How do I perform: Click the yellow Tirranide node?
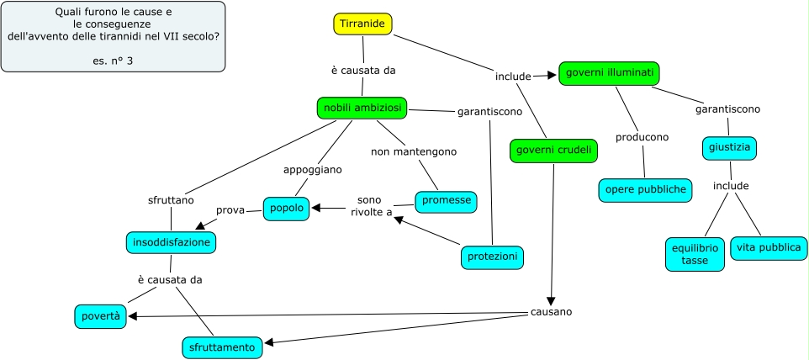(362, 24)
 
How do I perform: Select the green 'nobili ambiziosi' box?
(362, 108)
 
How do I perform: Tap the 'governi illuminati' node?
(610, 73)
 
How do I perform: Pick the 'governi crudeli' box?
(553, 151)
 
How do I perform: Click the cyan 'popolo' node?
(287, 209)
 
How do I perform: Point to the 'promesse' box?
(446, 202)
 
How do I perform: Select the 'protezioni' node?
(492, 257)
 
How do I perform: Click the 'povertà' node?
(101, 316)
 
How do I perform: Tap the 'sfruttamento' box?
(222, 347)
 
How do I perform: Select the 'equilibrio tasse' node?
(695, 255)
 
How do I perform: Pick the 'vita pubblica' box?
(769, 248)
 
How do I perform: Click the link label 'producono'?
(642, 137)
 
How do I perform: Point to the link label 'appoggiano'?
(313, 169)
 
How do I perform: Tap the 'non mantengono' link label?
(414, 152)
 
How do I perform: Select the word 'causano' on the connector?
(551, 312)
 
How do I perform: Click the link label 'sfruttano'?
(171, 200)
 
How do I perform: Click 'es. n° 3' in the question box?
(114, 61)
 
